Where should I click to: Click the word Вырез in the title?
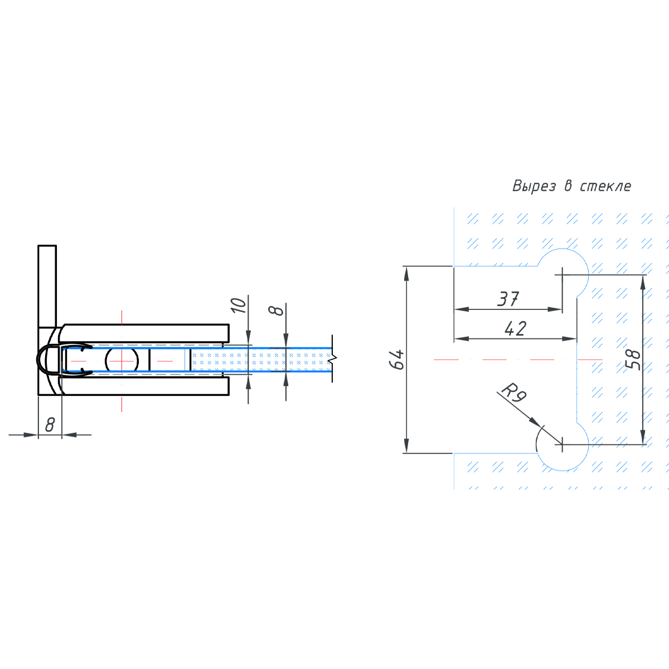point(534,186)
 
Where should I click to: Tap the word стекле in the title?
point(605,186)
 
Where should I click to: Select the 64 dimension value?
point(396,360)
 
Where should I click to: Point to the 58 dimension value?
point(633,360)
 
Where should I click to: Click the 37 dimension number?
point(508,299)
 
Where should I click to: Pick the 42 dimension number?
point(515,329)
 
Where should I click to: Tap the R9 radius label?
point(513,392)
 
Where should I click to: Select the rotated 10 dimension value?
point(238,306)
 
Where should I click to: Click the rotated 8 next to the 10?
point(277,309)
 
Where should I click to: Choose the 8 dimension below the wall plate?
point(50,425)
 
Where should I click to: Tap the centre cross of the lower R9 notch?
point(563,445)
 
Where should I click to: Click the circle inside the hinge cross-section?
point(122,361)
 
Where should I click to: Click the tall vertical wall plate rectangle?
point(47,285)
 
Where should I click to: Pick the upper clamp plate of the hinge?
point(145,333)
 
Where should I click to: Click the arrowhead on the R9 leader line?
point(535,421)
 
